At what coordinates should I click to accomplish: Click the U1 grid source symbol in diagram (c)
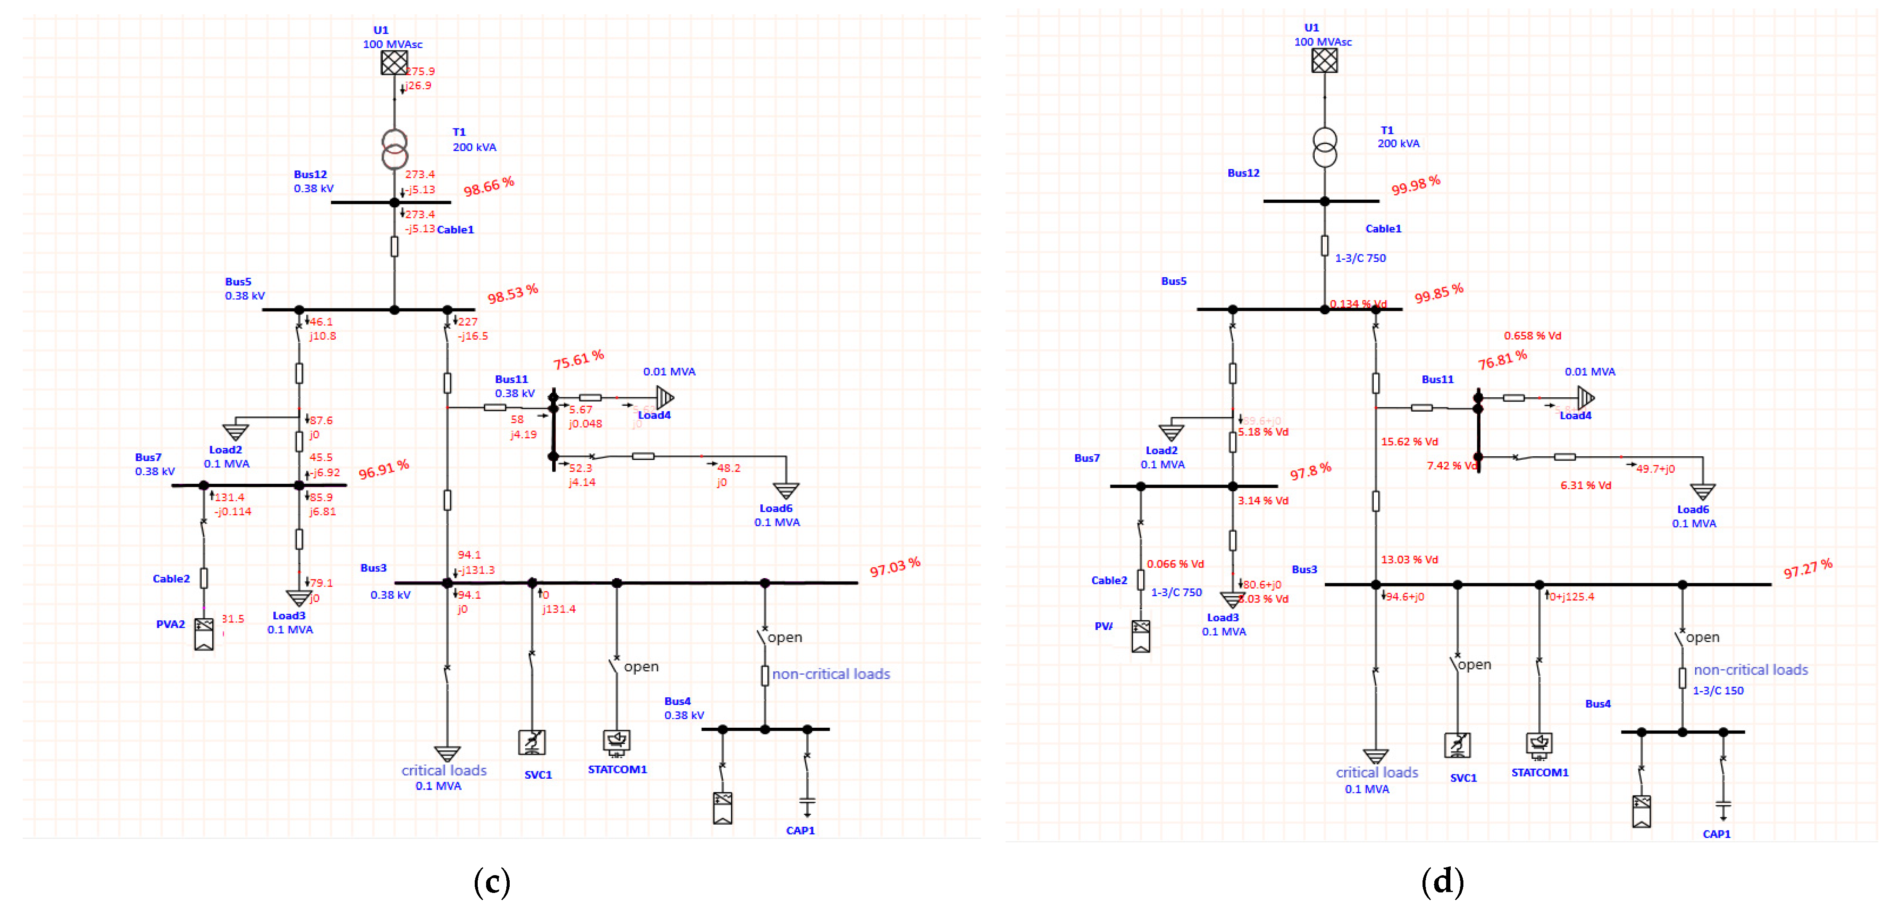tap(394, 62)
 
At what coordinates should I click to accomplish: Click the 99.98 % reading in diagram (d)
tap(1415, 185)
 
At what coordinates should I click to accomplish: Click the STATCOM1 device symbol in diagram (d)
tap(1539, 744)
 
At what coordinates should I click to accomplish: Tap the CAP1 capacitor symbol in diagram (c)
tap(807, 804)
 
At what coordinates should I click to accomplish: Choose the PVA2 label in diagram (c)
tap(170, 624)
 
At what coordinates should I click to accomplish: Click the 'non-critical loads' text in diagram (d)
tap(1750, 670)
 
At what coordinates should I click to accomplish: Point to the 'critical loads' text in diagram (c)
tap(444, 770)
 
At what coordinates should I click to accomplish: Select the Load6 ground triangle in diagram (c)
tap(786, 490)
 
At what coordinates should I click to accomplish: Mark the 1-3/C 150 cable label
tap(1717, 690)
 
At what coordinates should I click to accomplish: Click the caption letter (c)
tap(492, 882)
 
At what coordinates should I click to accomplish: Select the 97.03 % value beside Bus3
tap(894, 567)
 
